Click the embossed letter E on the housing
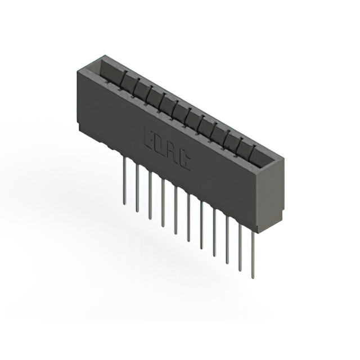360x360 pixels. coord(150,137)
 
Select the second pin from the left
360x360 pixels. coord(137,186)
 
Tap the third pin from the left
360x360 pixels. coord(150,195)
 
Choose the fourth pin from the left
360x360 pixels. coord(163,202)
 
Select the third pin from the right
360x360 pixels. coord(227,239)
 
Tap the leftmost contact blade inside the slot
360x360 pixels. coord(125,79)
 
